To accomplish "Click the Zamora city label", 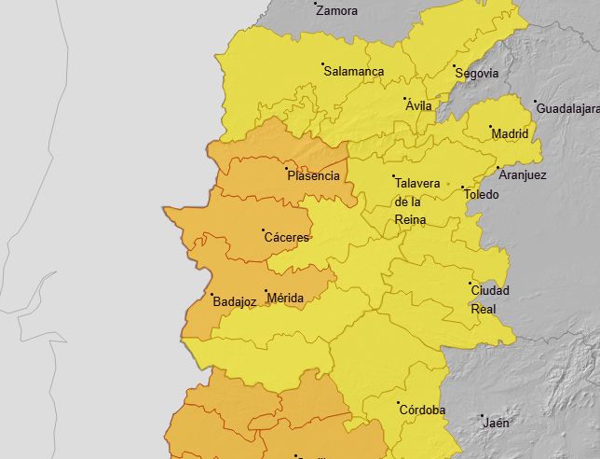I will pyautogui.click(x=336, y=12).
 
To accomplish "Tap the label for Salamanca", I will pyautogui.click(x=354, y=72).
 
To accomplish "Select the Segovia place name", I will pyautogui.click(x=477, y=74).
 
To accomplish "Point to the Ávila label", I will pyautogui.click(x=419, y=106).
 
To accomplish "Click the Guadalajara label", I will pyautogui.click(x=567, y=110).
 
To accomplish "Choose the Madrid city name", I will pyautogui.click(x=510, y=134).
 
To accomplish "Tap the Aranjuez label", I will pyautogui.click(x=523, y=175).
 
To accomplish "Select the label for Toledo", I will pyautogui.click(x=482, y=195).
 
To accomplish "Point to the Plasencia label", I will pyautogui.click(x=314, y=176).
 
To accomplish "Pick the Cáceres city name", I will pyautogui.click(x=286, y=238).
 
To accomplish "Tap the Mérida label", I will pyautogui.click(x=285, y=299).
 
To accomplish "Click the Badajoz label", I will pyautogui.click(x=234, y=302).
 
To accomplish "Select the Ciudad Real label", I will pyautogui.click(x=490, y=299).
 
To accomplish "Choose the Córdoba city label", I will pyautogui.click(x=422, y=410).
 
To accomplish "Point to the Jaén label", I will pyautogui.click(x=497, y=423).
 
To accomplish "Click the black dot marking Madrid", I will pyautogui.click(x=491, y=127).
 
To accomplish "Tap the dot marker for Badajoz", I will pyautogui.click(x=211, y=295).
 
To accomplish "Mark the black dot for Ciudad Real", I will pyautogui.click(x=470, y=283).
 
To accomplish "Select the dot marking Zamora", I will pyautogui.click(x=316, y=4).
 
